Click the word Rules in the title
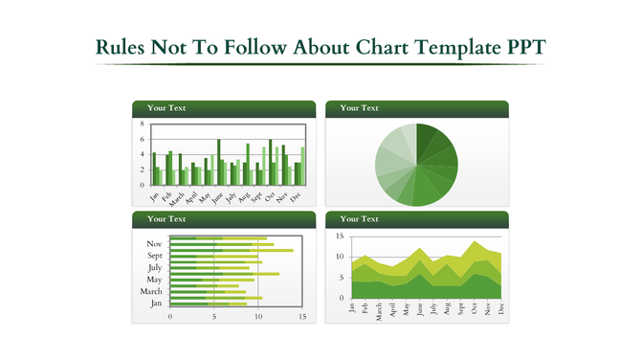pyautogui.click(x=123, y=48)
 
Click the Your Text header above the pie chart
pyautogui.click(x=359, y=108)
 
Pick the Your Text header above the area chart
pyautogui.click(x=359, y=219)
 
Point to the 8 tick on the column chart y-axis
pyautogui.click(x=142, y=124)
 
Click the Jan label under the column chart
pyautogui.click(x=155, y=195)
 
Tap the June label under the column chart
pyautogui.click(x=217, y=197)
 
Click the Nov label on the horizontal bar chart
pyautogui.click(x=154, y=244)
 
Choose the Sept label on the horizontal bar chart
pyautogui.click(x=154, y=256)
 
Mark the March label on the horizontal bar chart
pyautogui.click(x=151, y=291)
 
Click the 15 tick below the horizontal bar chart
pyautogui.click(x=302, y=316)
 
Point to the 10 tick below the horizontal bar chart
pyautogui.click(x=258, y=316)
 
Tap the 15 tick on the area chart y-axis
pyautogui.click(x=339, y=236)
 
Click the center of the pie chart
pyautogui.click(x=416, y=165)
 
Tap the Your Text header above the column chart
pyautogui.click(x=166, y=108)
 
